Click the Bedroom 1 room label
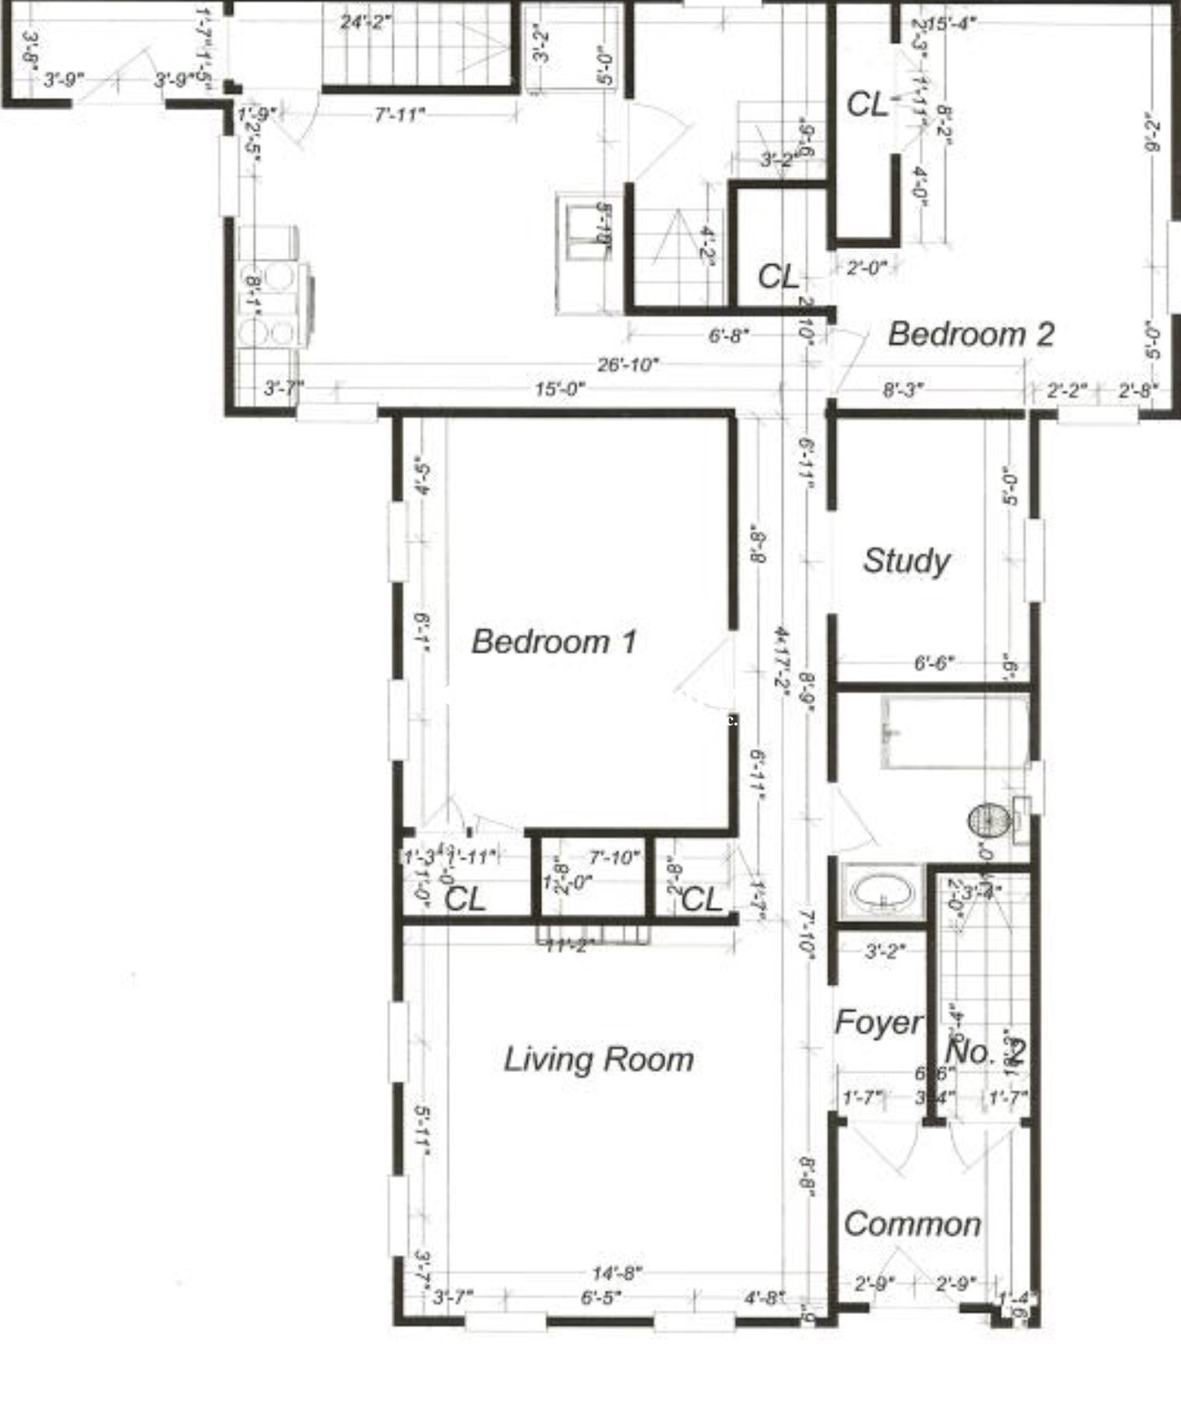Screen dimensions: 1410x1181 [554, 642]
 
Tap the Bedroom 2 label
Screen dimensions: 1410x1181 [970, 334]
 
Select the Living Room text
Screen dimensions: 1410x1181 [598, 1059]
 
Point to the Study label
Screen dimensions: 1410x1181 [906, 561]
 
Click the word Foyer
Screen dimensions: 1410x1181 [877, 1023]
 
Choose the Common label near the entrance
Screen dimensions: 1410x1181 [913, 1224]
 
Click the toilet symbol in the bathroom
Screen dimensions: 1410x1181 [988, 820]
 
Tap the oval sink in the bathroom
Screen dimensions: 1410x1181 [881, 892]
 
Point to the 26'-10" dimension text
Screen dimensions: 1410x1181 [627, 364]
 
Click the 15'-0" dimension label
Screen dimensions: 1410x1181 [560, 389]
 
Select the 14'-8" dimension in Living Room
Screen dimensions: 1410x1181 [617, 1274]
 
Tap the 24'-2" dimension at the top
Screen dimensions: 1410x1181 [366, 21]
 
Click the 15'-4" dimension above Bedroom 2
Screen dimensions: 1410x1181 [951, 23]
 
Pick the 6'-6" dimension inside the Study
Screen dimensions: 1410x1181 [933, 663]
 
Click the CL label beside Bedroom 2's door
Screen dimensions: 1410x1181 [779, 277]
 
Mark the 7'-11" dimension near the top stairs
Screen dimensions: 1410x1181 [400, 114]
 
